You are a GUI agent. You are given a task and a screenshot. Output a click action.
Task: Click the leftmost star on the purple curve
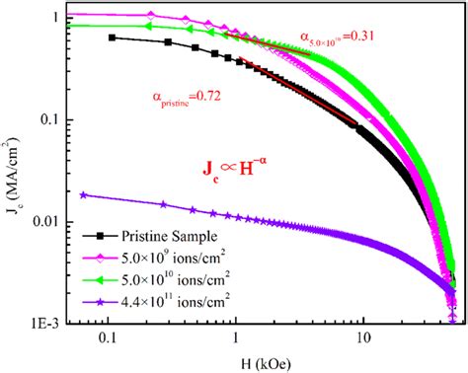click(83, 195)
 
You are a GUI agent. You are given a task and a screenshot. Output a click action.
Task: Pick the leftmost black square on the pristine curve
click(112, 37)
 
